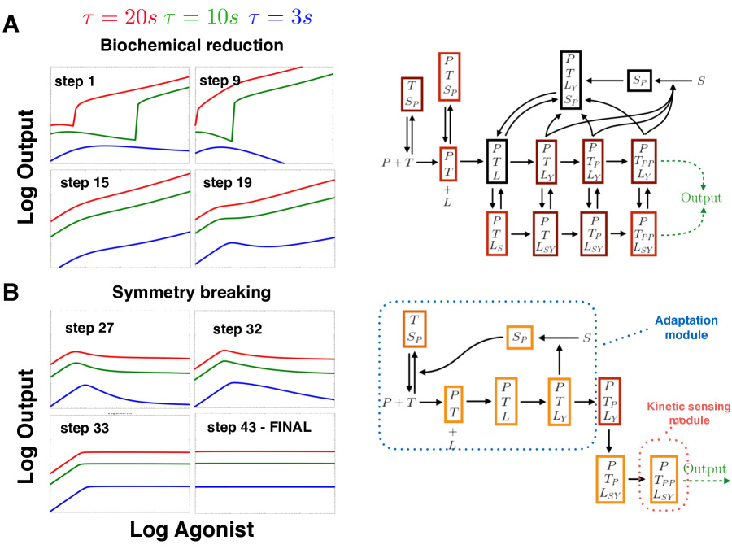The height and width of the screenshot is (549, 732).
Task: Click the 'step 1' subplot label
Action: (x=76, y=81)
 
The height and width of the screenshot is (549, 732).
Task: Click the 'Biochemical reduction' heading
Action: (x=191, y=45)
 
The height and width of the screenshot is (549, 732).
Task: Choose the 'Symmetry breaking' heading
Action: (x=191, y=291)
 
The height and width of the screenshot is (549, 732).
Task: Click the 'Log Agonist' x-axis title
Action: (x=191, y=530)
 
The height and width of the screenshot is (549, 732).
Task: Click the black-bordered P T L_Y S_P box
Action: (x=573, y=80)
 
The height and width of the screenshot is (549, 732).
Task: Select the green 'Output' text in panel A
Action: (x=700, y=198)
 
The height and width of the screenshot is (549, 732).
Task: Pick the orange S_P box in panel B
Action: (x=518, y=336)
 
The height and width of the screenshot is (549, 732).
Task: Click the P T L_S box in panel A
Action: (x=499, y=233)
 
